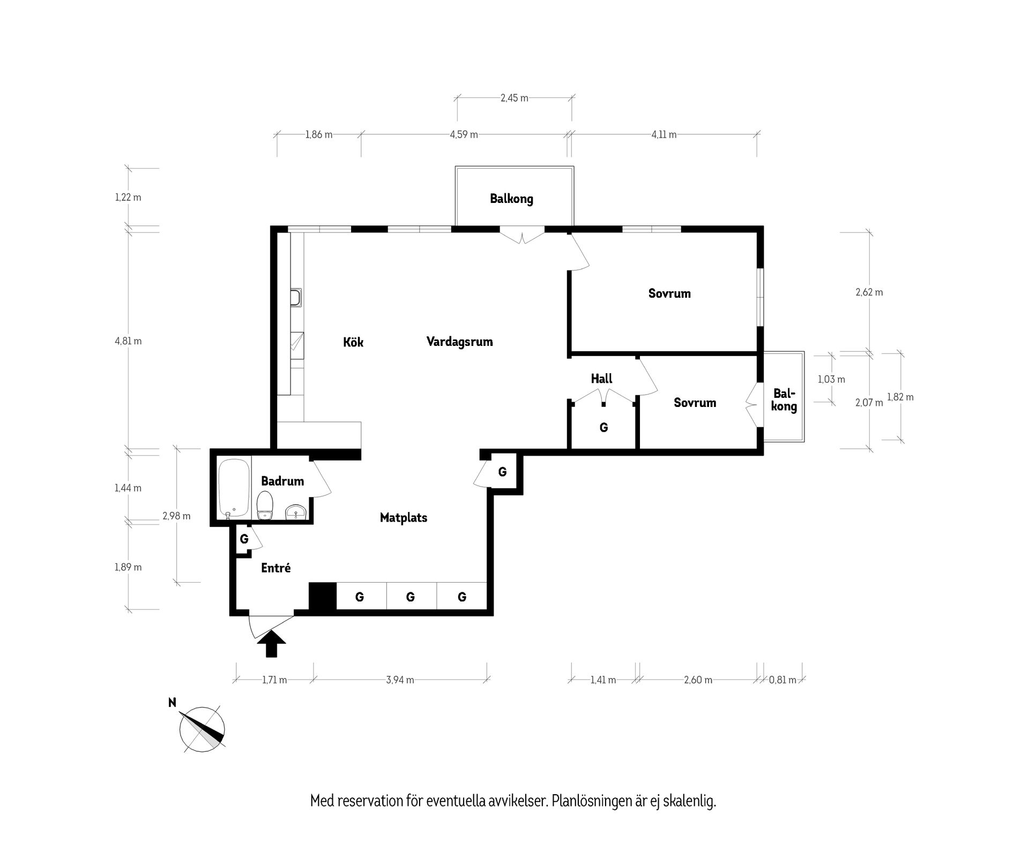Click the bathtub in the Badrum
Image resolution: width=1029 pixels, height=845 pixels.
coord(234,488)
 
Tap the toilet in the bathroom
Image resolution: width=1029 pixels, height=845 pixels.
coord(265,506)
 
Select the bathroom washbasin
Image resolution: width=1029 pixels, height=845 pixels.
coord(295,512)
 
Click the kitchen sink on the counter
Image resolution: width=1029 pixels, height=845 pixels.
coord(295,297)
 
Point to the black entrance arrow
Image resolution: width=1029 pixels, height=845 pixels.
coord(272,644)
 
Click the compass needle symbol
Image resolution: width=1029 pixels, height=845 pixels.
coord(202,728)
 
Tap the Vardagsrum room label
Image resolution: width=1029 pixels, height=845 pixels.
coord(459,342)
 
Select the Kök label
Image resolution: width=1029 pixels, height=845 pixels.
coord(353,342)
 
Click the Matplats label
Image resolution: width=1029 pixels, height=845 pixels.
coord(404,518)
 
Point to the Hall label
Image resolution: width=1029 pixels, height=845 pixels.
coord(601,379)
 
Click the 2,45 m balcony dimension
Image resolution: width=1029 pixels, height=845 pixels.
coord(514,98)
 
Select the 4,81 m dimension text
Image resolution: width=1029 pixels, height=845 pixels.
coord(128,341)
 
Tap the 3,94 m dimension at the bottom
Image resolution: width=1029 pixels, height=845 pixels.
coord(400,680)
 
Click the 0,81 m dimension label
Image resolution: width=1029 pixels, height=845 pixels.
coord(782,680)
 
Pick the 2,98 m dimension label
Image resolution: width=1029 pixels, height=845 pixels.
coord(176,516)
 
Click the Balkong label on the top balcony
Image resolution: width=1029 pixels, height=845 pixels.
coord(511,199)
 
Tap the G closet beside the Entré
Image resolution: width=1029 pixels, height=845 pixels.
coord(244,539)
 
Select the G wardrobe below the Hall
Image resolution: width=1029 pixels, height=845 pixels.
coord(603,427)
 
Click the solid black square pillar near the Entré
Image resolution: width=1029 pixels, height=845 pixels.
coord(322,596)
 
